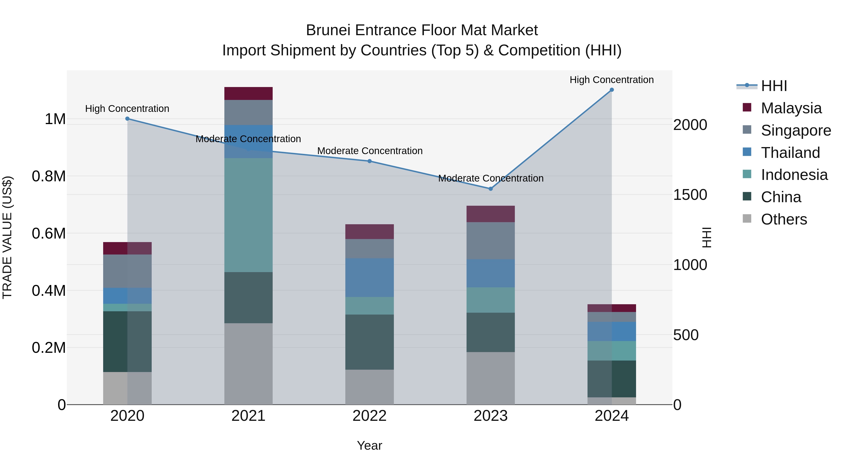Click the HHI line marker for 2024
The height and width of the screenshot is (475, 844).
[611, 90]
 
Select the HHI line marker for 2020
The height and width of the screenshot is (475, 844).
[128, 119]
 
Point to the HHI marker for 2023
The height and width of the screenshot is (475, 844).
[490, 189]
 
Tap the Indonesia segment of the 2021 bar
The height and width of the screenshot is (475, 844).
[248, 215]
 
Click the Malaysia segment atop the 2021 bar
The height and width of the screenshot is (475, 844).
[248, 93]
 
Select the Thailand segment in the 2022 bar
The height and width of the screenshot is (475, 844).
[369, 278]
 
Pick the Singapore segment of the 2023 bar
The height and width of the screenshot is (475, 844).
[490, 241]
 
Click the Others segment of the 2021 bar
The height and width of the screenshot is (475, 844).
[248, 364]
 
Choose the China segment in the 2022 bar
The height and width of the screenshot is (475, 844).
[369, 342]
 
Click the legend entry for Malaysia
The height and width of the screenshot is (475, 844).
[791, 108]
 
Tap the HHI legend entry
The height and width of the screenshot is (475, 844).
[774, 86]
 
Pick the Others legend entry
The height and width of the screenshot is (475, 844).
[784, 219]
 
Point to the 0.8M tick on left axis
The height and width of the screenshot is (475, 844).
[49, 176]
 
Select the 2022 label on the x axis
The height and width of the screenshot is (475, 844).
[369, 416]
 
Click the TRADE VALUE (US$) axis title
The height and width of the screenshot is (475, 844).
[7, 237]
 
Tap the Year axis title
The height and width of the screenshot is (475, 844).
[369, 445]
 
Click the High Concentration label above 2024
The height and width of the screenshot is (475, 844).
[611, 80]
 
